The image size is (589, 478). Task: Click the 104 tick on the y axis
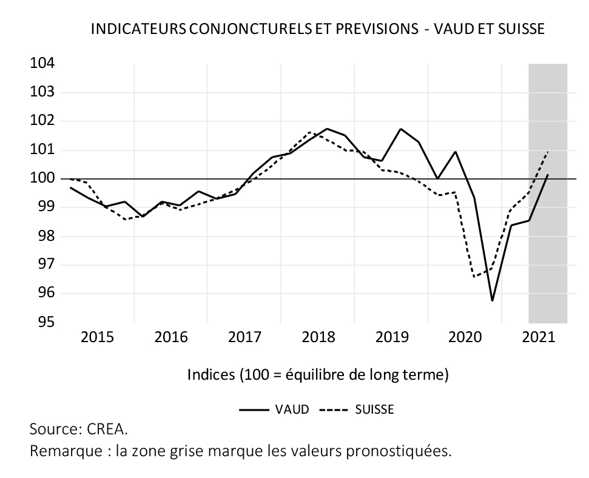42,64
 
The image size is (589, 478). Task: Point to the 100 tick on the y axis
42,179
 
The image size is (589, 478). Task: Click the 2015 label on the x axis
97,337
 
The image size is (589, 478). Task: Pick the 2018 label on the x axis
318,337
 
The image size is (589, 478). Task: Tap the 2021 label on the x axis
539,337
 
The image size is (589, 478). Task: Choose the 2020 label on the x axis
465,337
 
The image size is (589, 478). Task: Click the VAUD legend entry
292,409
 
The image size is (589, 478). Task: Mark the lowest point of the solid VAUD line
493,300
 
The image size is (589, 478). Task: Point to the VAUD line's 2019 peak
401,129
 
